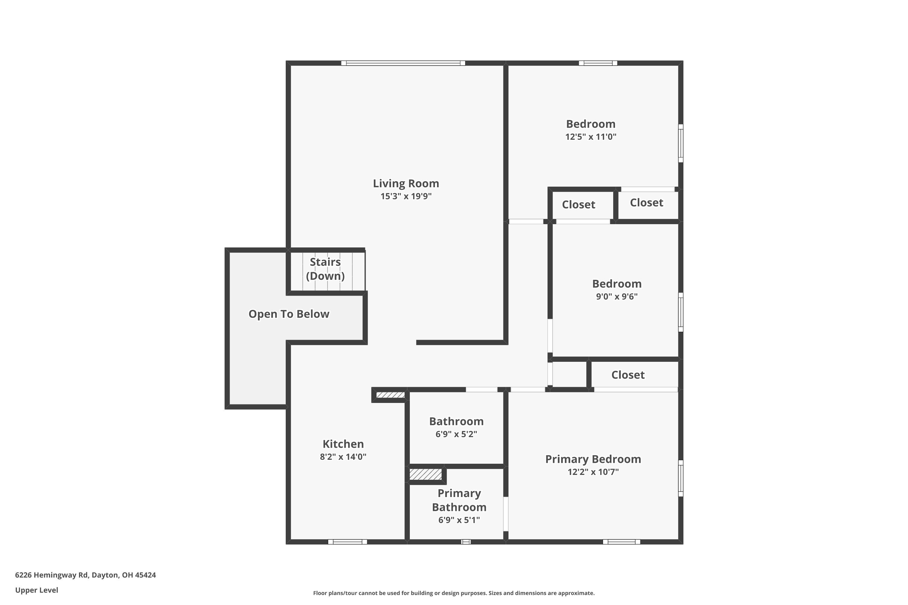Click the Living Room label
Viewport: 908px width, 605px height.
coord(406,183)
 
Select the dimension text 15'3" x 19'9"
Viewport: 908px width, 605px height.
coord(406,196)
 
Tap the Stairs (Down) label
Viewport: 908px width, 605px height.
coord(325,269)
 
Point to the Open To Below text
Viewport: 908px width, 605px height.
coord(289,314)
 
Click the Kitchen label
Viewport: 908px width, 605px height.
coord(343,444)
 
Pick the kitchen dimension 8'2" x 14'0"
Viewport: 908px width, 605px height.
coord(343,457)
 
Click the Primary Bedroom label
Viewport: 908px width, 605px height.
coord(593,459)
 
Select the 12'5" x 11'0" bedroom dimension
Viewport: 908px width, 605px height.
coord(591,137)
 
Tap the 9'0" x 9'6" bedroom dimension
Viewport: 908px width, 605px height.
coord(617,297)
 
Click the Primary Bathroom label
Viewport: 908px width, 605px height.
coord(459,500)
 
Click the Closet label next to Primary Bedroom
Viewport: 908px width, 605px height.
coord(628,375)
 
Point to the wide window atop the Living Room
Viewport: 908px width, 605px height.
coord(403,63)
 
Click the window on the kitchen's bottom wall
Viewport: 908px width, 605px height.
coord(347,542)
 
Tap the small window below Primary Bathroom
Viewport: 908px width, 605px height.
coord(466,542)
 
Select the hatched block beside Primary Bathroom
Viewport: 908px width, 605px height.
coord(426,474)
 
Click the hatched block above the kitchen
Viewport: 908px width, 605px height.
coord(390,395)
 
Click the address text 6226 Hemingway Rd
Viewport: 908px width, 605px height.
coord(85,575)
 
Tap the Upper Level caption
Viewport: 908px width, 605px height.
coord(37,590)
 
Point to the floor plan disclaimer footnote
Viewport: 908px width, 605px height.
coord(454,593)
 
